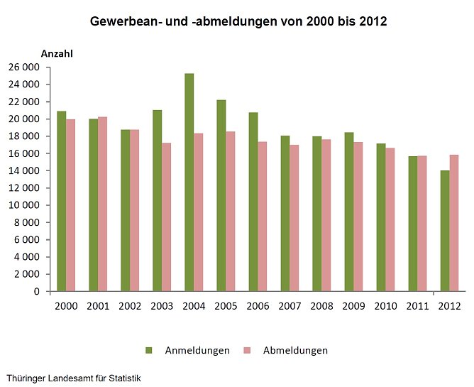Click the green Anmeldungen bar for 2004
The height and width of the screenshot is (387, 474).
point(189,182)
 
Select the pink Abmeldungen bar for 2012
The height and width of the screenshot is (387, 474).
point(454,223)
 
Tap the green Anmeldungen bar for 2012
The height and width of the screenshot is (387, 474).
point(445,231)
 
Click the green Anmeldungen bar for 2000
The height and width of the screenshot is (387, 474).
point(62,201)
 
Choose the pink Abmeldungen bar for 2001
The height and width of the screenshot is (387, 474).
point(103,204)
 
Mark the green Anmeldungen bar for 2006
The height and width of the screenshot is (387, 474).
point(253,202)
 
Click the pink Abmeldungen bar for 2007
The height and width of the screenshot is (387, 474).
point(294,218)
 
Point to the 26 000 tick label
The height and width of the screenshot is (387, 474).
point(26,67)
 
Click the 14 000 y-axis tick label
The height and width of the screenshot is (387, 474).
point(26,171)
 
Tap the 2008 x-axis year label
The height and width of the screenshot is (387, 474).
point(321,305)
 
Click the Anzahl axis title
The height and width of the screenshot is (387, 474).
point(57,53)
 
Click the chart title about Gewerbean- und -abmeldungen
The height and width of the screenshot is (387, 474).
point(238,21)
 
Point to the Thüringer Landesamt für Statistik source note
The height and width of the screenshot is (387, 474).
point(74,378)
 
